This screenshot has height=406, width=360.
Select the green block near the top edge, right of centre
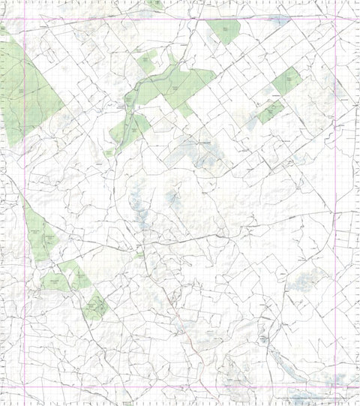coord(223,32)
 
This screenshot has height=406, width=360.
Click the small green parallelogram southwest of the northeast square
coord(270,112)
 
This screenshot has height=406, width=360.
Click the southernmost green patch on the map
coord(96,305)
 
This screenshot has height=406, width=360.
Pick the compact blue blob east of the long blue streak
coord(172,199)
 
